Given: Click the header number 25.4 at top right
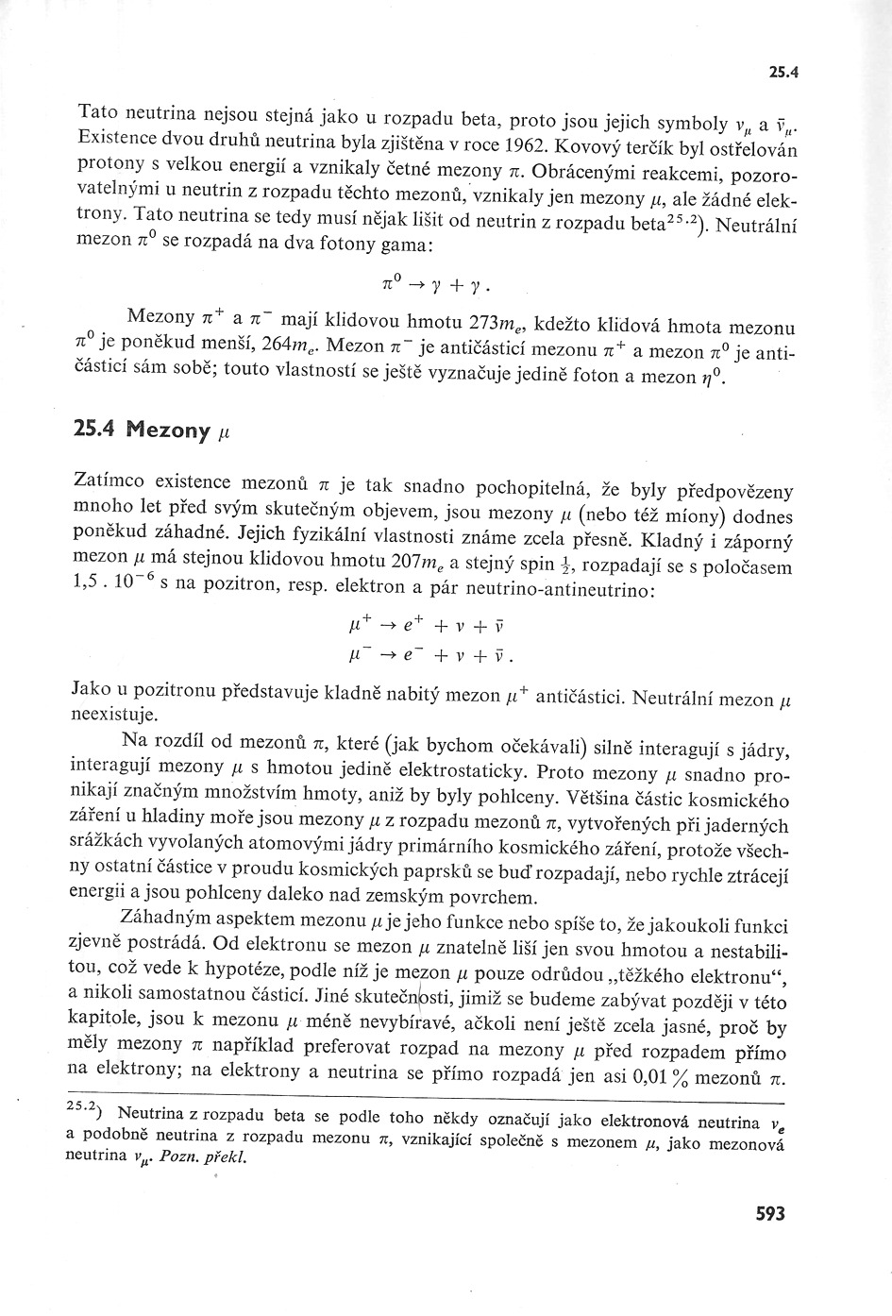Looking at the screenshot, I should click(784, 71).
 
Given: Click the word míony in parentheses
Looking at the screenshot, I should click(698, 516).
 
